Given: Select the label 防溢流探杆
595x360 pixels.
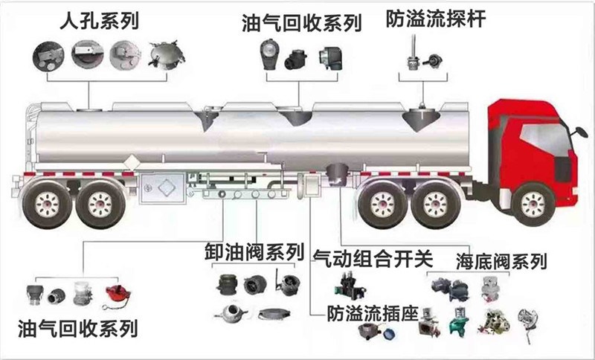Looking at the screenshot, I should [x=435, y=19].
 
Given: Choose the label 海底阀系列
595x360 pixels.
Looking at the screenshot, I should [x=501, y=261].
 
